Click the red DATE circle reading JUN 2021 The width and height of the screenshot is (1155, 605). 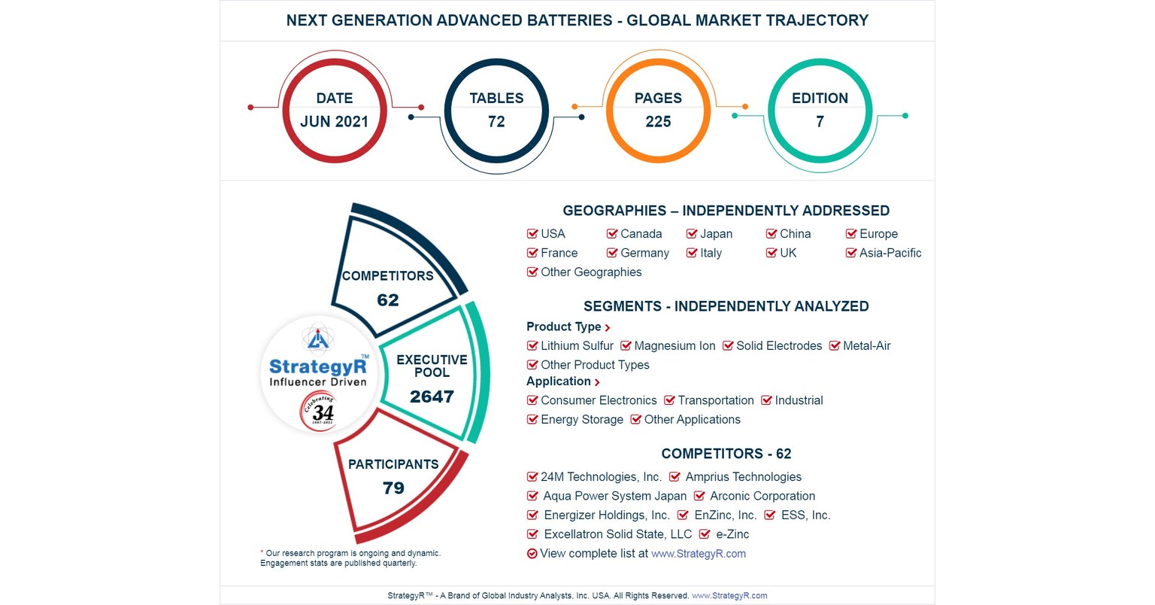[335, 110]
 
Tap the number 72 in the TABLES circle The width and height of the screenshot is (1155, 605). [496, 122]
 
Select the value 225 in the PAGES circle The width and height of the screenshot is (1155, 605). [658, 122]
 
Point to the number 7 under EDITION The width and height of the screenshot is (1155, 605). [820, 122]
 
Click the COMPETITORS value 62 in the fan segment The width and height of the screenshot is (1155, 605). [388, 300]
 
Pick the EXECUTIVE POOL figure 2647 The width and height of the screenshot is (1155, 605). [432, 397]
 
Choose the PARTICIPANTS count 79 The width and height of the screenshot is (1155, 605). [393, 488]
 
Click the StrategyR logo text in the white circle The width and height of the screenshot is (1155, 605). [318, 367]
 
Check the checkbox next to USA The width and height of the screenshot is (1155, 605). [532, 234]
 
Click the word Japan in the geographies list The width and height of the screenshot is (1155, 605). [716, 234]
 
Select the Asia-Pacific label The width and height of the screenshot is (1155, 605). [890, 253]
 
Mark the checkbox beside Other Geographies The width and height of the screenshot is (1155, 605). [532, 272]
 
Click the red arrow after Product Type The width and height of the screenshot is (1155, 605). [608, 327]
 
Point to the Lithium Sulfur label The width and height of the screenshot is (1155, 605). [577, 346]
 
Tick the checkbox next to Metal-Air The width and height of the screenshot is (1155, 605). [835, 346]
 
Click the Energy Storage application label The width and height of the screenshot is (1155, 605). [581, 420]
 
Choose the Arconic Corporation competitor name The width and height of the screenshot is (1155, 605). [762, 496]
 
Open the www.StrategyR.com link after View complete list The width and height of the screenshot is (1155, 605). [699, 554]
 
